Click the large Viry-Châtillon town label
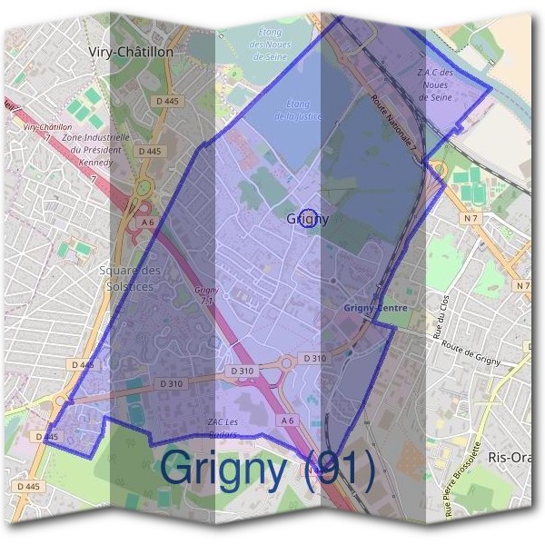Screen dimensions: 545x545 tap(131, 53)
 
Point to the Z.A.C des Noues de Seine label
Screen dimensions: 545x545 tap(433, 84)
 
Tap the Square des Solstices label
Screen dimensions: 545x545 tap(130, 279)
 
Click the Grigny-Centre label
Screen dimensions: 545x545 tap(374, 309)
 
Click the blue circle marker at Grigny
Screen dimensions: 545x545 tap(309, 218)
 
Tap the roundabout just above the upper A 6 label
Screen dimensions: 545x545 tap(142, 189)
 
